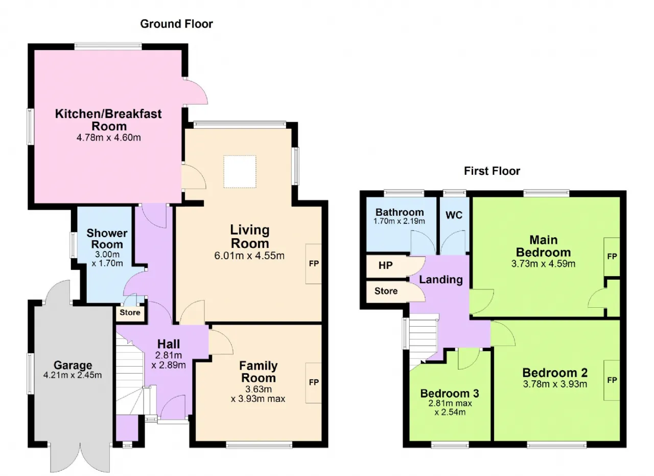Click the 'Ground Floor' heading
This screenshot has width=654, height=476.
tap(176, 24)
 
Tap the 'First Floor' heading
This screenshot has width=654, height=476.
tap(492, 171)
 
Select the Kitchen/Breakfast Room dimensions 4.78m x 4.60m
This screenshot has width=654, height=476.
tap(109, 138)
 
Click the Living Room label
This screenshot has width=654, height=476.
tap(250, 237)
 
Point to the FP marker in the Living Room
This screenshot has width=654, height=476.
tap(314, 264)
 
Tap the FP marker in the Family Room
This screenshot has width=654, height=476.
tap(314, 382)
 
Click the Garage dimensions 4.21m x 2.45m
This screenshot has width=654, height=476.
tap(73, 375)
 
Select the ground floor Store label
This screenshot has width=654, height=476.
tap(130, 312)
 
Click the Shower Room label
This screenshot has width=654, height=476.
tap(107, 239)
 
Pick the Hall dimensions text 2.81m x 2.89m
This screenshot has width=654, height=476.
tap(169, 360)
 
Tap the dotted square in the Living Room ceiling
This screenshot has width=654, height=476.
tap(240, 171)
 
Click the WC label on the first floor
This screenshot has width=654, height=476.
tap(454, 215)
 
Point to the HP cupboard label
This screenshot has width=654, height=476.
tap(385, 265)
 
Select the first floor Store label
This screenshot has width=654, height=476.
tap(386, 291)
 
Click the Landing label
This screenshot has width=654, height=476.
tap(441, 280)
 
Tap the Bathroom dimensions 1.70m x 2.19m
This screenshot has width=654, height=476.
tap(399, 221)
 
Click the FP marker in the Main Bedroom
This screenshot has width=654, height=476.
tap(612, 257)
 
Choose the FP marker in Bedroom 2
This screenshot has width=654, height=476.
tap(612, 380)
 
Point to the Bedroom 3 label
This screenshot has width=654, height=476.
tap(450, 394)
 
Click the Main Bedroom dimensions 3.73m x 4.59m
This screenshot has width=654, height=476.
tap(543, 264)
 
